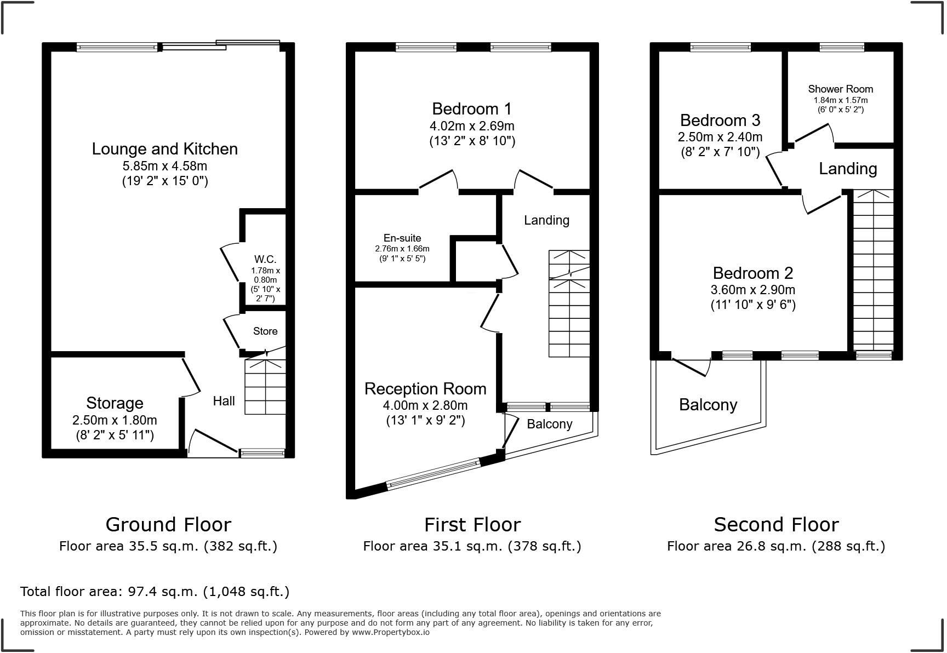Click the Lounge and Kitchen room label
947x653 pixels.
pos(164,149)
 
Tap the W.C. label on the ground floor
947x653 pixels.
pos(265,259)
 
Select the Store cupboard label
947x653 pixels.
pos(265,331)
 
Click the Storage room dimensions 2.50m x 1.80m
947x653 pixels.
pos(115,420)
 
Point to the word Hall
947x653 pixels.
pos(224,401)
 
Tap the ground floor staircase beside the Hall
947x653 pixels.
pos(265,386)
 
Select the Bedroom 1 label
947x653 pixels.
pos(472,108)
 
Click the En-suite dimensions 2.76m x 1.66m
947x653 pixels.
pos(402,249)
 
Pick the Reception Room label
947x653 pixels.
pos(425,389)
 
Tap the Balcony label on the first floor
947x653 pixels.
pos(549,424)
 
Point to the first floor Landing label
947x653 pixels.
pos(546,220)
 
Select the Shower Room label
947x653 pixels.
pos(840,89)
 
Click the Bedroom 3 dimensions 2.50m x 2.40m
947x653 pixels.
pos(720,137)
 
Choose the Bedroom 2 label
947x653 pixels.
pos(752,273)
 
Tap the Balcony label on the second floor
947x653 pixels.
pos(708,405)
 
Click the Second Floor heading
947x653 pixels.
pos(775,525)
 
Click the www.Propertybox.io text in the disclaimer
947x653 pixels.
pos(390,632)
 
